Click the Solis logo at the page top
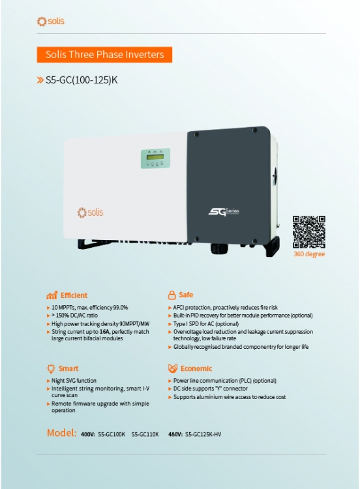click(50, 22)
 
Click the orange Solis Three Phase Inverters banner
click(104, 55)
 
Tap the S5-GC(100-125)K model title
click(82, 80)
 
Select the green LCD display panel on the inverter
click(155, 158)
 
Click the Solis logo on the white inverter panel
click(90, 213)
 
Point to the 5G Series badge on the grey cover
click(224, 212)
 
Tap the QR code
click(309, 232)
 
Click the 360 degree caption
click(309, 254)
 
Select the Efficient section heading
click(74, 295)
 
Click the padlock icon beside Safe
click(172, 295)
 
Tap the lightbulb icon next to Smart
click(51, 368)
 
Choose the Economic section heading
click(196, 368)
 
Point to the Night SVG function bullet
click(74, 381)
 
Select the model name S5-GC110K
click(145, 434)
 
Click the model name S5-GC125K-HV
click(203, 434)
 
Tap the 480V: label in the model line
click(175, 434)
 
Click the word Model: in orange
click(62, 433)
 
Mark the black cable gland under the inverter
click(219, 249)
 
